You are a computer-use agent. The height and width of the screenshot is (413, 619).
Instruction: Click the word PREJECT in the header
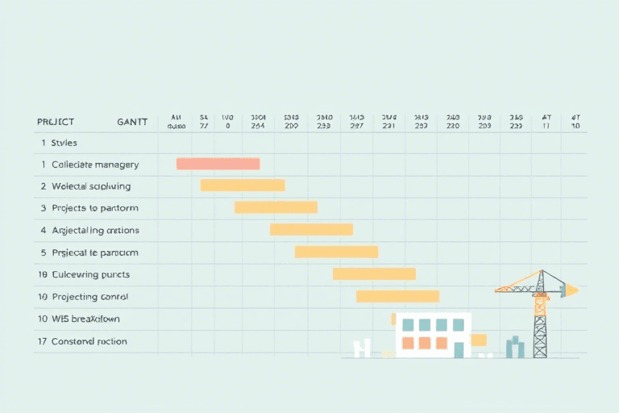(56, 122)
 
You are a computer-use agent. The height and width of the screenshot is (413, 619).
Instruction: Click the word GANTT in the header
(132, 122)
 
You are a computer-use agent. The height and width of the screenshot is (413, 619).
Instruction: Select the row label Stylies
(64, 143)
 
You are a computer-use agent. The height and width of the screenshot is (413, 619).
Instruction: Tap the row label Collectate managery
(95, 165)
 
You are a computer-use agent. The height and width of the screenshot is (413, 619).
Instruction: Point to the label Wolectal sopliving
(90, 186)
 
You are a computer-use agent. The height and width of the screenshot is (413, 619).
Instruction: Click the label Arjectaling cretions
(95, 230)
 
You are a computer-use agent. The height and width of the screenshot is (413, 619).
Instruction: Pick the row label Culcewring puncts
(90, 274)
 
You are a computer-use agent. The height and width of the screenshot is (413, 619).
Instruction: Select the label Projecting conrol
(89, 297)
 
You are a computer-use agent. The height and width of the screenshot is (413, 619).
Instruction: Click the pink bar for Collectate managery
(218, 164)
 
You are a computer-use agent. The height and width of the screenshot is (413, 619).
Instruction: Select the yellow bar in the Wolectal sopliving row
(243, 186)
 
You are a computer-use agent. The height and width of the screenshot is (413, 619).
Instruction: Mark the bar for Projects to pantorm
(276, 207)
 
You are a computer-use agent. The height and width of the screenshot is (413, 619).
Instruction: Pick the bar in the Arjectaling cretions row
(311, 229)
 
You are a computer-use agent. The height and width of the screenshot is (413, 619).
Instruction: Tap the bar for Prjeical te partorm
(336, 252)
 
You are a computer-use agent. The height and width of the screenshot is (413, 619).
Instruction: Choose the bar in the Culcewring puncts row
(374, 273)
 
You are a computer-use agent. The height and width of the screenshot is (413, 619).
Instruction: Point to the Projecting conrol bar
(397, 296)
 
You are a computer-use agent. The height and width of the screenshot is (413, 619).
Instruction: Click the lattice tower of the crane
(540, 327)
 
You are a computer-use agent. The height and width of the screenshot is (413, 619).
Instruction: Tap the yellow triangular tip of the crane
(571, 289)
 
